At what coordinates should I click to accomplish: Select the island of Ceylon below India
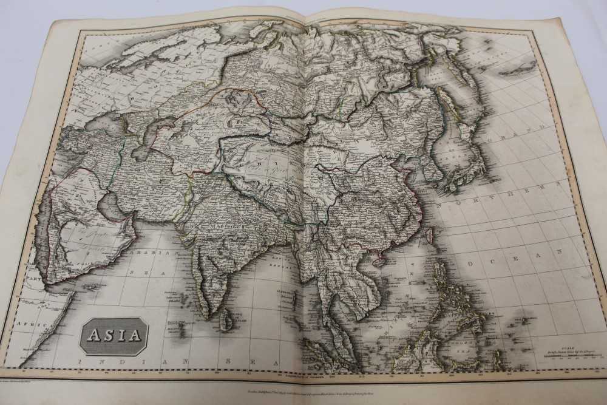[x=226, y=318]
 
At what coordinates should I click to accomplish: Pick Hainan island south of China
[x=381, y=262]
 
